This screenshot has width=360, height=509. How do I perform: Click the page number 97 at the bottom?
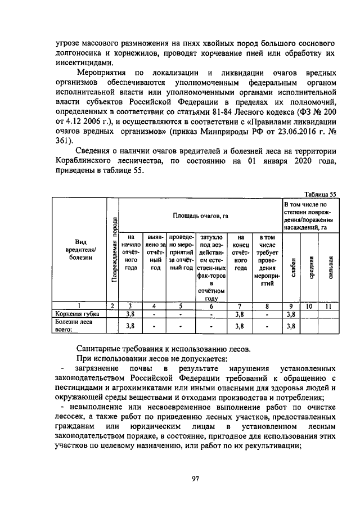196,478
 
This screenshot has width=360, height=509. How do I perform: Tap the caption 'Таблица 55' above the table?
319,194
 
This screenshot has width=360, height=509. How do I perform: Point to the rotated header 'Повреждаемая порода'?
114,249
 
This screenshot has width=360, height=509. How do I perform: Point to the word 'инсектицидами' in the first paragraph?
75,62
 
